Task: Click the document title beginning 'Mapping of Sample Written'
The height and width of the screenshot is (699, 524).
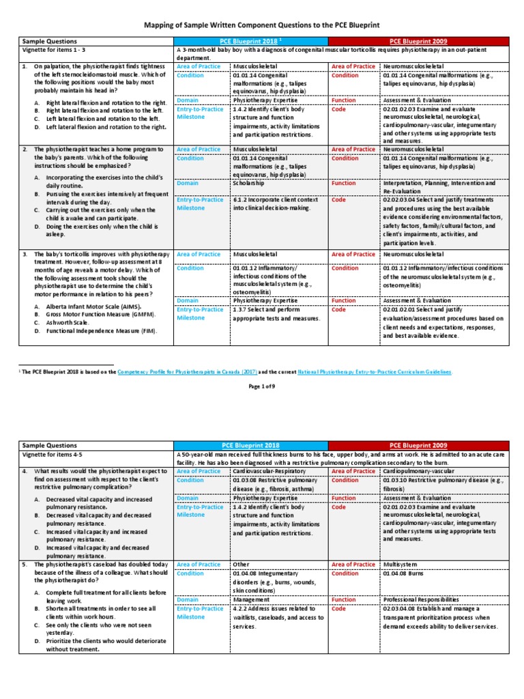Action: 261,25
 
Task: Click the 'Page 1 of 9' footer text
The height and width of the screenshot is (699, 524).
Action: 261,386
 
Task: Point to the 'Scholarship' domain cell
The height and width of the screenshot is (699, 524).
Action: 249,184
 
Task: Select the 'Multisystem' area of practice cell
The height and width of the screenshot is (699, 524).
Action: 401,565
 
